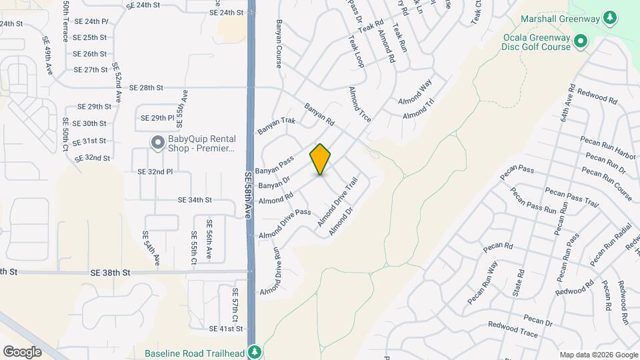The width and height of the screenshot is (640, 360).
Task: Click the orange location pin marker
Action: (321, 159)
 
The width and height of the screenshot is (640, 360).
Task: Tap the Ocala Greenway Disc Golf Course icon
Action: (580, 42)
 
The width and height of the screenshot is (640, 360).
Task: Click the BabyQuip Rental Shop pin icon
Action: (157, 143)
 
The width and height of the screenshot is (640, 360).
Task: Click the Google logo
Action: (22, 351)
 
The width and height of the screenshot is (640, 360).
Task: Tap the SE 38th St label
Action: (111, 273)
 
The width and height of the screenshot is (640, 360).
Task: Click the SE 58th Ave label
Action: (247, 194)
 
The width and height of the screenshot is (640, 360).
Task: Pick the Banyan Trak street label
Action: (276, 125)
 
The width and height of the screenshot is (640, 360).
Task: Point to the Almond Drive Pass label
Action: (285, 223)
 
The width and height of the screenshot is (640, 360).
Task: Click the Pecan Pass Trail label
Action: (572, 196)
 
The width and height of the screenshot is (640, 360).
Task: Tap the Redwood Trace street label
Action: (513, 329)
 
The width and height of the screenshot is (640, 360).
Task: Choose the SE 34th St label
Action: (195, 200)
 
